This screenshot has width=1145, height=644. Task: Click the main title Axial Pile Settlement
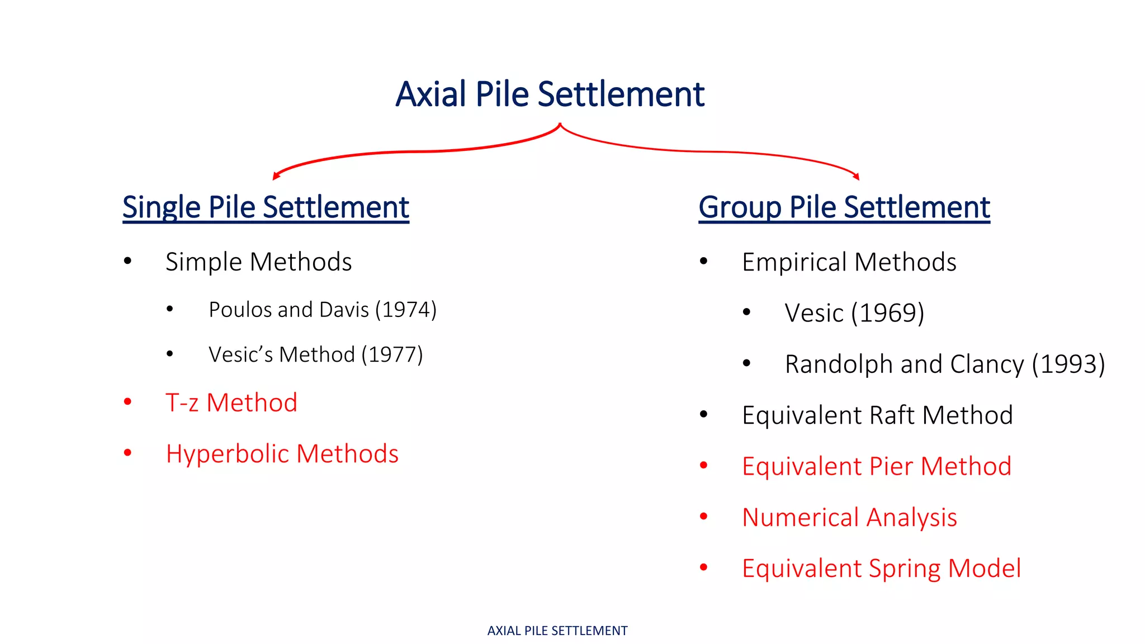(550, 94)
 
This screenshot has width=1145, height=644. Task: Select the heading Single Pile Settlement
(266, 207)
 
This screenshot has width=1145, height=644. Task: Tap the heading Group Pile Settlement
(844, 207)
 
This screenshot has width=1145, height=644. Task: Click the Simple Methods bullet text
(258, 262)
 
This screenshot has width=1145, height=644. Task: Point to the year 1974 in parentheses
(405, 310)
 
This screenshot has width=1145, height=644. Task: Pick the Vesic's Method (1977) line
(315, 354)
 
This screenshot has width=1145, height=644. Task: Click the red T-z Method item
(231, 402)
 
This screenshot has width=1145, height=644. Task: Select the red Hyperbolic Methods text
(282, 453)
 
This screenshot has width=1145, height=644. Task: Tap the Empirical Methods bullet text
(849, 262)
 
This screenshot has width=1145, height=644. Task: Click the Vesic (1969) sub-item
(854, 312)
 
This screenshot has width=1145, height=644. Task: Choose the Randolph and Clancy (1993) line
(945, 364)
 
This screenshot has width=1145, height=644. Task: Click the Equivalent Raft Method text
(877, 415)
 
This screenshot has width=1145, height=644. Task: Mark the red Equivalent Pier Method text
(877, 466)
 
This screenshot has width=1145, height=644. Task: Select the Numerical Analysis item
(849, 517)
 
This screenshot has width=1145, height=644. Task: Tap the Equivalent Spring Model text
(881, 569)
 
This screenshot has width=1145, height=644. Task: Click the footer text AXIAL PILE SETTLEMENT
(557, 631)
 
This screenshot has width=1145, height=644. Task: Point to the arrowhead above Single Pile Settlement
(276, 177)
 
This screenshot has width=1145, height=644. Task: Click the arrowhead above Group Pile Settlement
(857, 177)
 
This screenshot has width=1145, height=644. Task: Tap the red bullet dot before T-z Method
(127, 401)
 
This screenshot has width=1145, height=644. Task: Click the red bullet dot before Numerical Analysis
(704, 517)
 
